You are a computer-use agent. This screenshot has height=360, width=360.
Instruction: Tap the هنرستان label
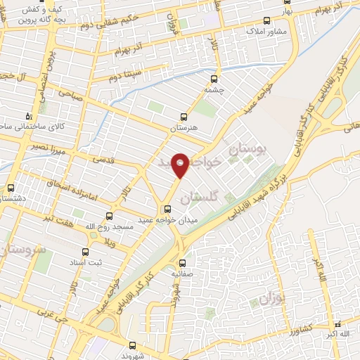pos(184,128)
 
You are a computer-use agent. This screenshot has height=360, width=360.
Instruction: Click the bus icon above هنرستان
pos(184,117)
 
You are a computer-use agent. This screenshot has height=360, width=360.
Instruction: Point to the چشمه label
pos(215,90)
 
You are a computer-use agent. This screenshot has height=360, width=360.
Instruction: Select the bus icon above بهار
pos(266,20)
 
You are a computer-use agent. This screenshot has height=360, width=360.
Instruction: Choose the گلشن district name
pos(195,199)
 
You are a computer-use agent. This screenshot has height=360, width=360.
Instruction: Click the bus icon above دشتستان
pos(10,188)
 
